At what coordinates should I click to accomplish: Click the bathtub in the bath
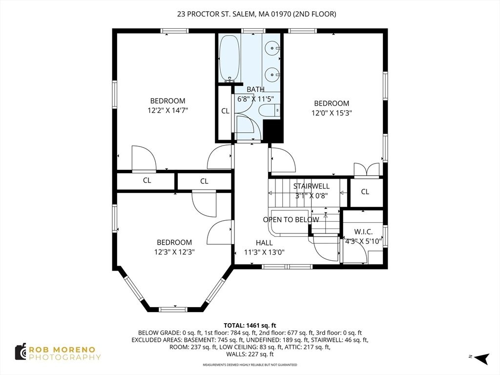229,58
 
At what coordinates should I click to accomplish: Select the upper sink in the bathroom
272,49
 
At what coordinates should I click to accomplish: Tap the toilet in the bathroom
268,111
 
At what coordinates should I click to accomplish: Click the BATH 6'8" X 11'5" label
255,94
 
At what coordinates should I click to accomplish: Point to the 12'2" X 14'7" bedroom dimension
167,110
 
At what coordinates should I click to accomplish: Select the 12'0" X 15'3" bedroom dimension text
332,113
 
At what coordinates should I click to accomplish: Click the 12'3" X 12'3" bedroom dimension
174,252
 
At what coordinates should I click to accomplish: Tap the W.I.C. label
364,231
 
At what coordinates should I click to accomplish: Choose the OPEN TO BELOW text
291,220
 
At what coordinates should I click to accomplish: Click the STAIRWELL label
311,186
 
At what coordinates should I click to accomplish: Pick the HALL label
264,243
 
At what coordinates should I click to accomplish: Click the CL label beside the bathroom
225,111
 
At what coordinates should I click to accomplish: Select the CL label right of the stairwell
365,192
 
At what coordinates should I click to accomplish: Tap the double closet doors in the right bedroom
367,169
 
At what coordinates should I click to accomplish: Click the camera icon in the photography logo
21,352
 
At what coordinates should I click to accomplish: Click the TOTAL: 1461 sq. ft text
250,325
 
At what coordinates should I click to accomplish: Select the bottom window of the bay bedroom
173,309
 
